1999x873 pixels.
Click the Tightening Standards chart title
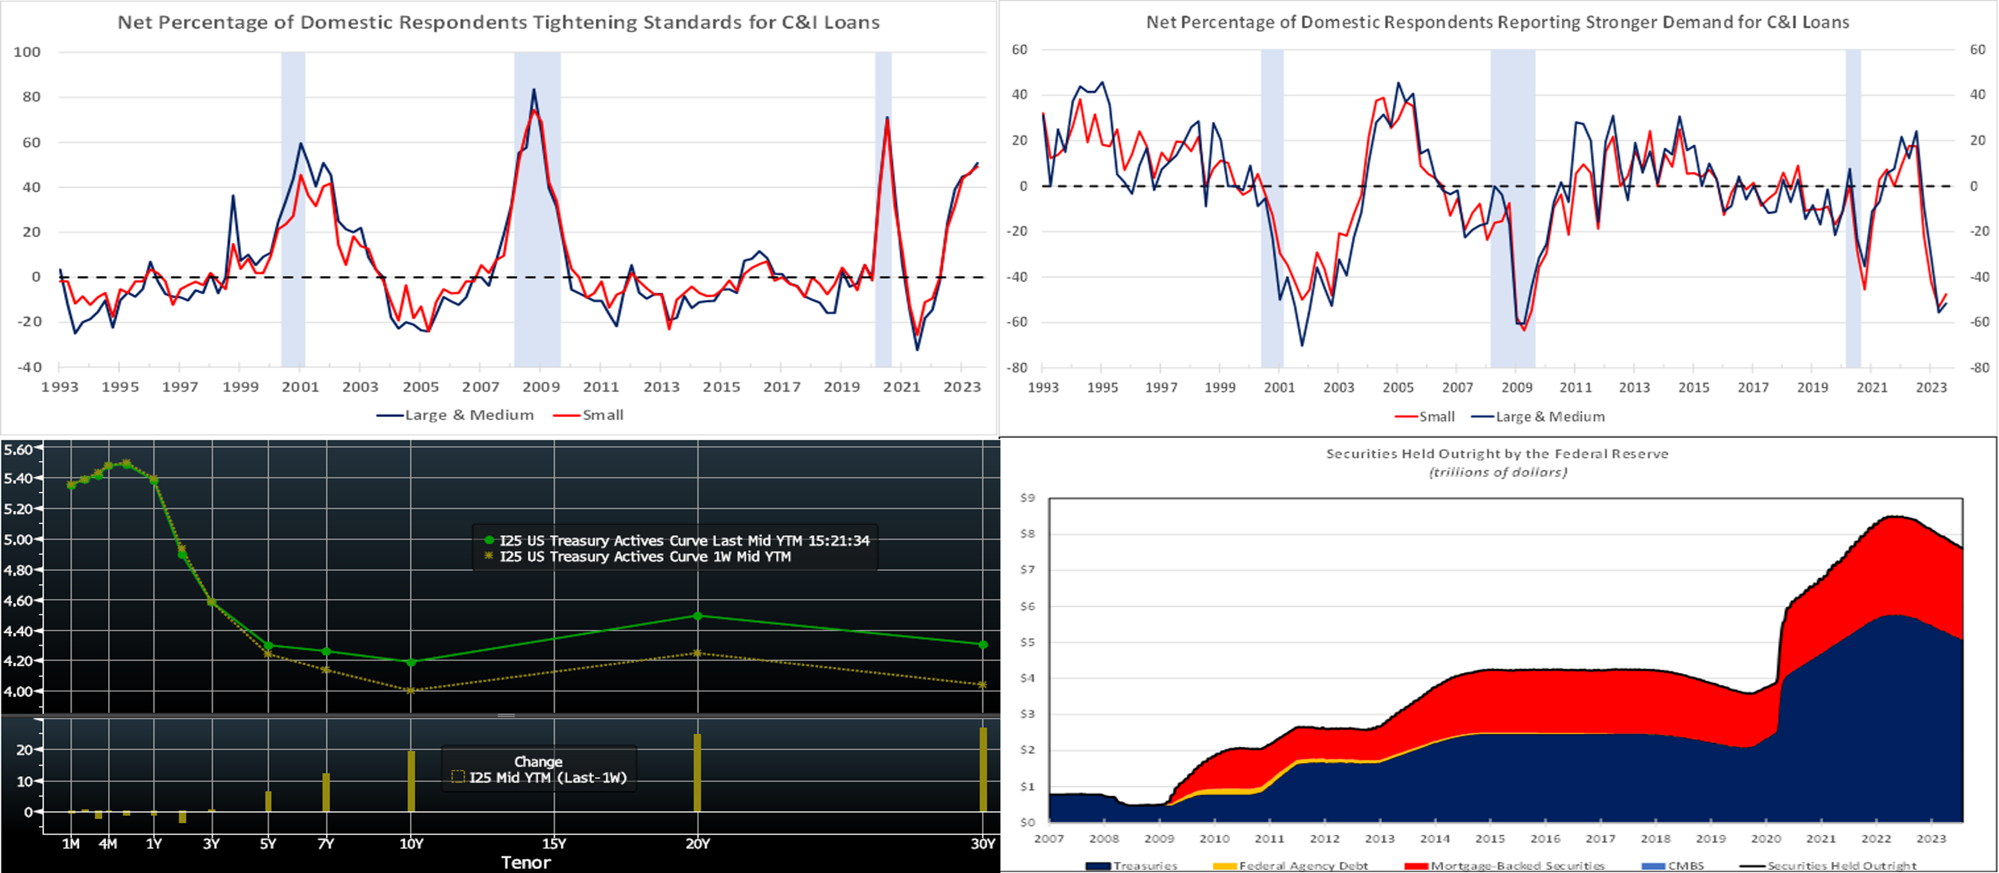(x=498, y=22)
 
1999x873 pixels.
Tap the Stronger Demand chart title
(x=1497, y=22)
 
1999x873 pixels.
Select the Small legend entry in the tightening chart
(x=602, y=415)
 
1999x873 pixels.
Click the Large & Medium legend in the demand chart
(x=1549, y=417)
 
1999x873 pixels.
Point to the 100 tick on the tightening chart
(x=27, y=52)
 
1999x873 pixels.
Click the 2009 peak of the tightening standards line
(x=534, y=90)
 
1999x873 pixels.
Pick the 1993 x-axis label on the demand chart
(x=1042, y=387)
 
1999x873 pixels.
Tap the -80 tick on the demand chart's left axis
(x=1017, y=367)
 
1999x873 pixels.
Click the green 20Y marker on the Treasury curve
(x=697, y=616)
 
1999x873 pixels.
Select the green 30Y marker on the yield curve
(x=983, y=645)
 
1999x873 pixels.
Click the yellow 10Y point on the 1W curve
(x=411, y=690)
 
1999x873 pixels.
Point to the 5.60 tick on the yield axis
(x=18, y=450)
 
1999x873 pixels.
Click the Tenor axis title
(x=525, y=863)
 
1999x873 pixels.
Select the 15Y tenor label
(x=553, y=844)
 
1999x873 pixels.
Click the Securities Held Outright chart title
(x=1497, y=454)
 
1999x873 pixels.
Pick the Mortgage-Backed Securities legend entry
(x=1516, y=866)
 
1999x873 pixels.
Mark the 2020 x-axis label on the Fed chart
(x=1766, y=839)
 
